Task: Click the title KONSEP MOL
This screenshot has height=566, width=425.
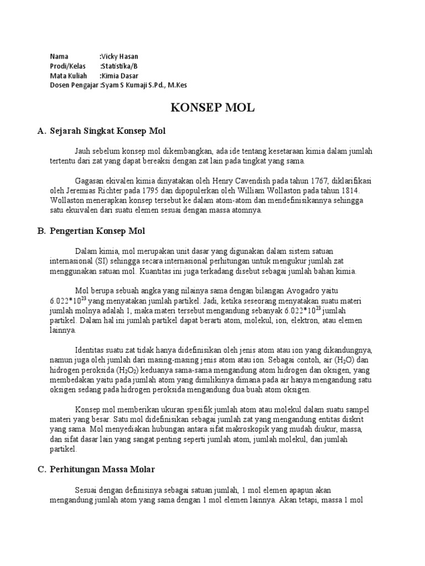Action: click(212, 108)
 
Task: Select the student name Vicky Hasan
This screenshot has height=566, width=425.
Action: click(120, 56)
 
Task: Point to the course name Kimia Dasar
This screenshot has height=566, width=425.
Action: click(120, 75)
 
